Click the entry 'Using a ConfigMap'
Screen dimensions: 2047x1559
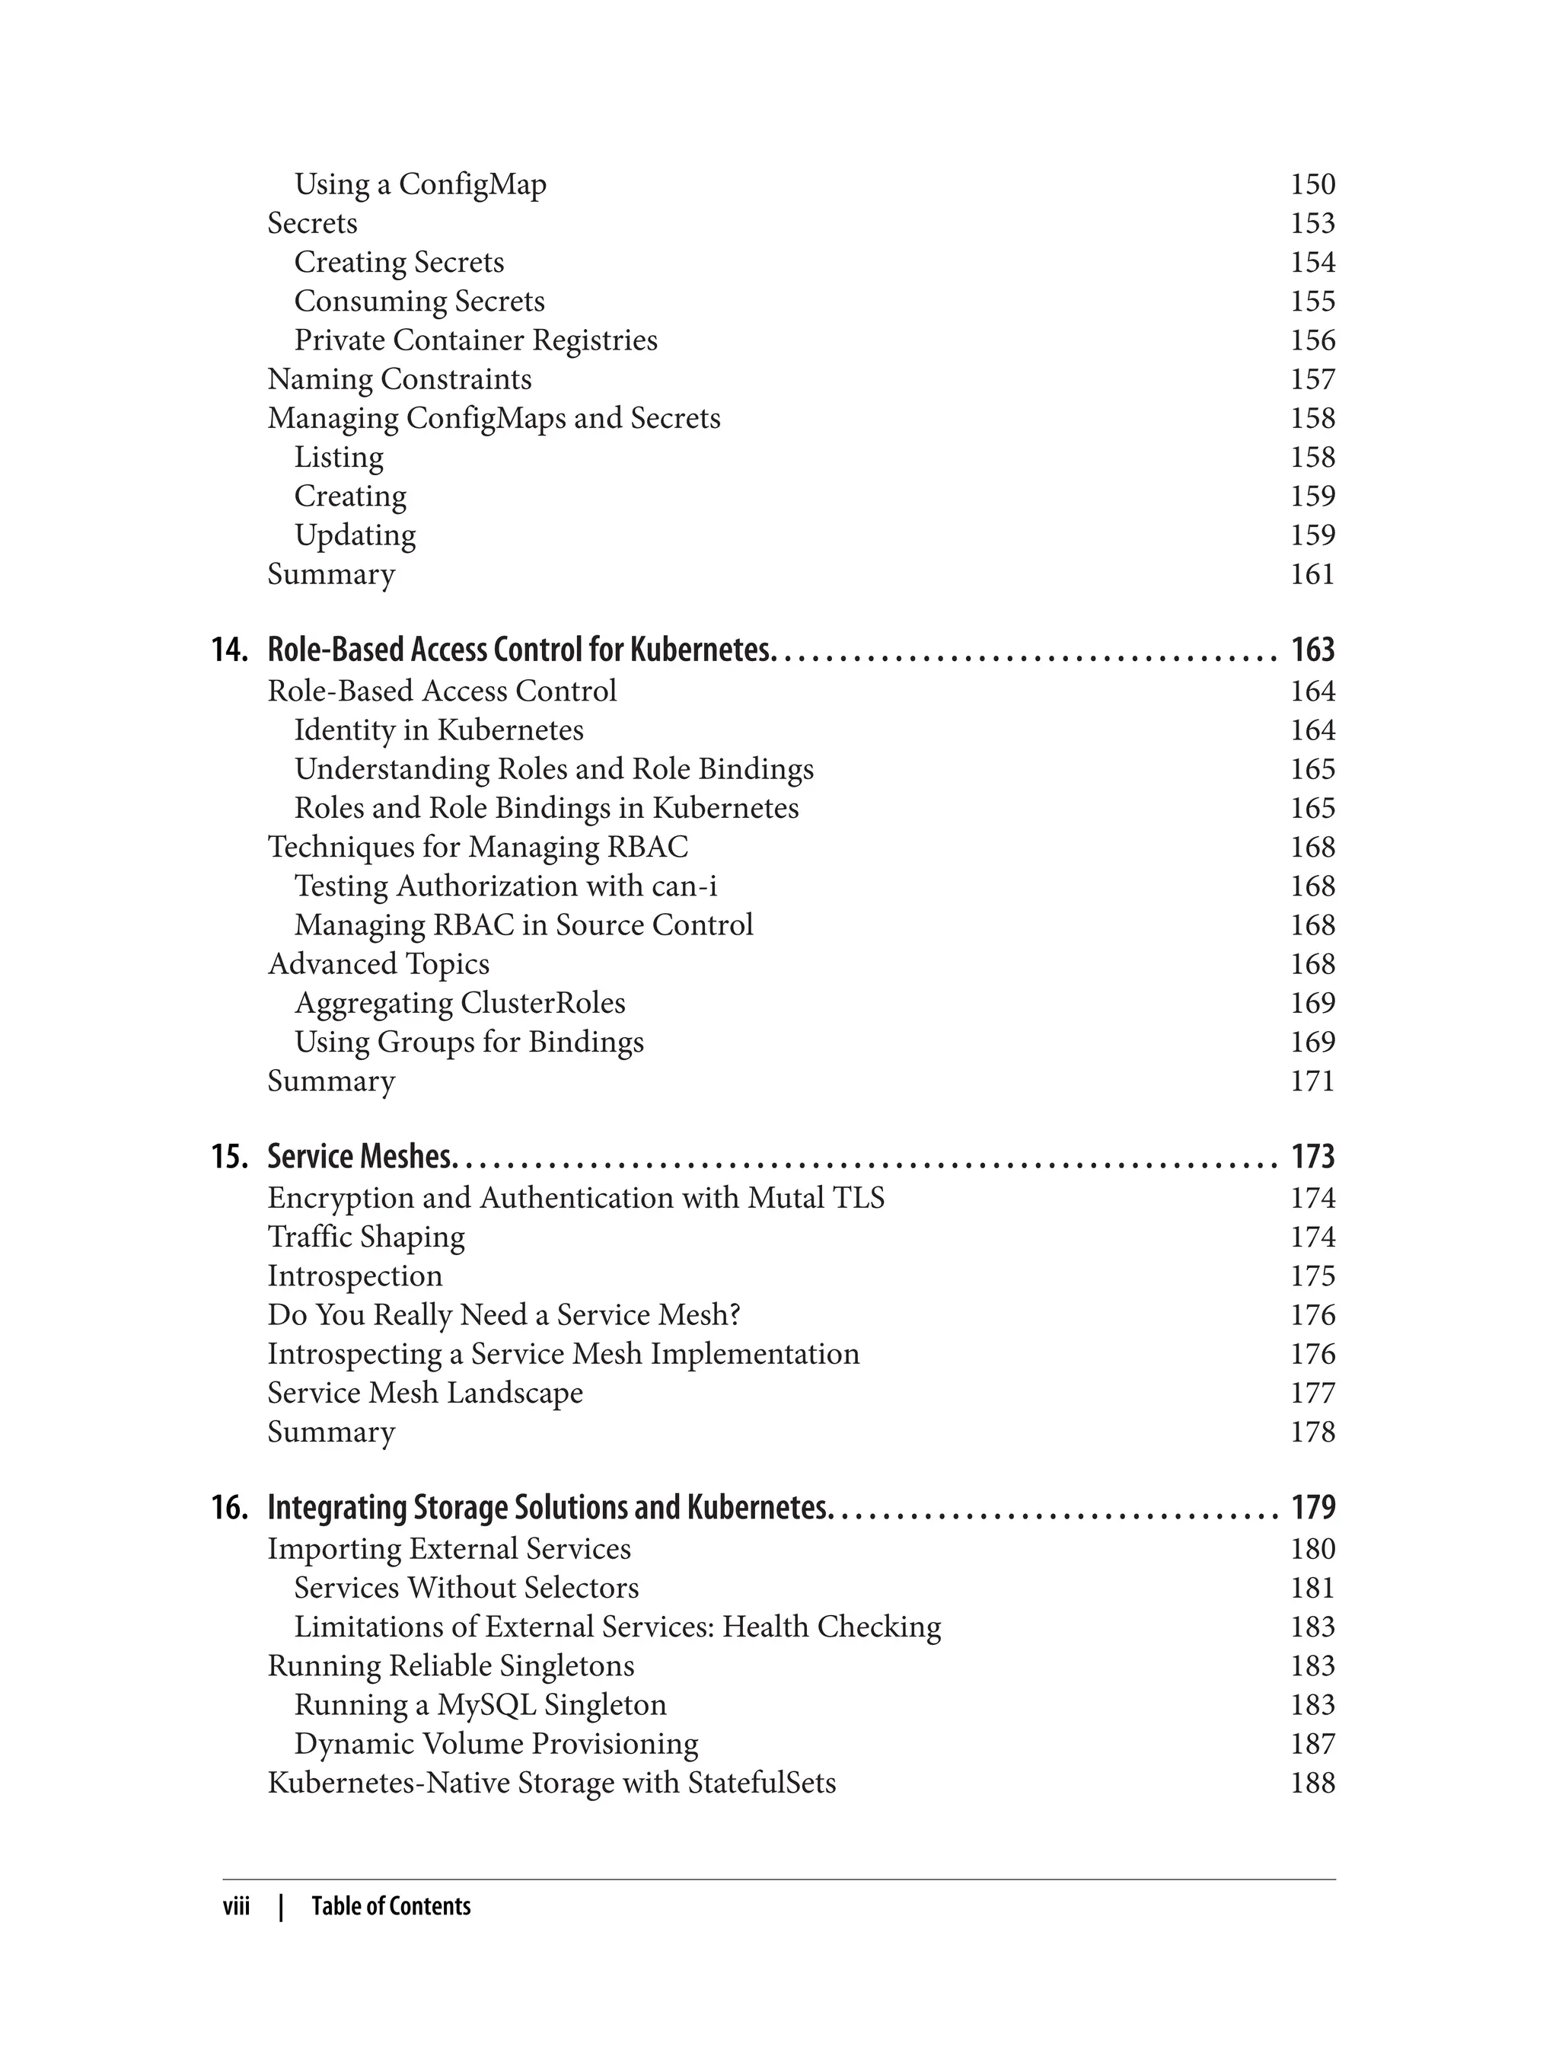[x=420, y=185]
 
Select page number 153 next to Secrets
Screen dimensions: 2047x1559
[x=1312, y=224]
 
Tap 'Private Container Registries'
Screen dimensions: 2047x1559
[x=475, y=340]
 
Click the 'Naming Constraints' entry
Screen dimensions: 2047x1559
[x=399, y=380]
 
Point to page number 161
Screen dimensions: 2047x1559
[x=1312, y=575]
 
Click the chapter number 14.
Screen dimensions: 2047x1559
[x=228, y=650]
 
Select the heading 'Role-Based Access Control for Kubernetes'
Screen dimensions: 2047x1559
[x=518, y=650]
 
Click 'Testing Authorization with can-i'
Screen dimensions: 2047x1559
[x=505, y=886]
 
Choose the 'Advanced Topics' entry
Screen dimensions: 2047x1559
[x=378, y=965]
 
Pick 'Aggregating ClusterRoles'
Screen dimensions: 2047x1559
[x=459, y=1004]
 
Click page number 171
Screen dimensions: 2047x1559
[x=1312, y=1081]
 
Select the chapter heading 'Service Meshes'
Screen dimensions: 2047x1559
[x=360, y=1157]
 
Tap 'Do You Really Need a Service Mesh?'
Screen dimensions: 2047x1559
[x=504, y=1315]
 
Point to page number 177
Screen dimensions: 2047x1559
[x=1312, y=1394]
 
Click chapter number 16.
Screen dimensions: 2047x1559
[x=228, y=1508]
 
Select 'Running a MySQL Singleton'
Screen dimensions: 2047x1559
[x=480, y=1705]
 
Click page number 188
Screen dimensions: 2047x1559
[x=1312, y=1784]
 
